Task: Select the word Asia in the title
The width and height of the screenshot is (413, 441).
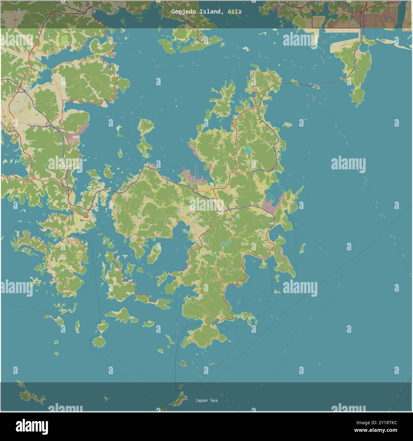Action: click(234, 11)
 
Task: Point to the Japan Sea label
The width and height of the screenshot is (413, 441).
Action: click(207, 400)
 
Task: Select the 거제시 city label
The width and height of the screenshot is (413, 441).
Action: click(213, 199)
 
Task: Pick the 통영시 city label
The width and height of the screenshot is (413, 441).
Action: click(82, 220)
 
